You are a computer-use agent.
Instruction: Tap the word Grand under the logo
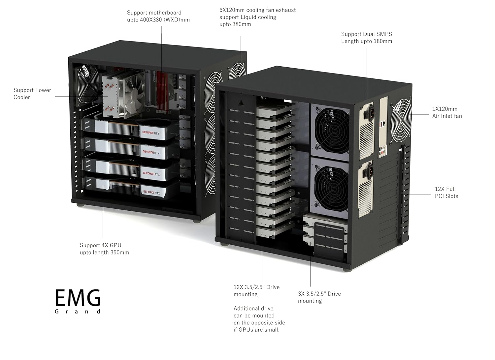tap(78, 312)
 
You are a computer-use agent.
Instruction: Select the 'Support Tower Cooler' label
tap(32, 94)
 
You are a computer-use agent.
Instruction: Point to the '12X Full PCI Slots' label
tap(446, 193)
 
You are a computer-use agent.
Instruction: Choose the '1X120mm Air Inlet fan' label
tap(447, 112)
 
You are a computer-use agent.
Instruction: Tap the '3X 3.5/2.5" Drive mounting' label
tap(319, 297)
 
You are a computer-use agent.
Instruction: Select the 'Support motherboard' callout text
tap(158, 16)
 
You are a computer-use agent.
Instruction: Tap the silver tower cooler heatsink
tap(111, 96)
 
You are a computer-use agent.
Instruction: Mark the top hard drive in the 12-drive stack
tap(273, 110)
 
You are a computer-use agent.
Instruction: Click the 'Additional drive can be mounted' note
tap(259, 319)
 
